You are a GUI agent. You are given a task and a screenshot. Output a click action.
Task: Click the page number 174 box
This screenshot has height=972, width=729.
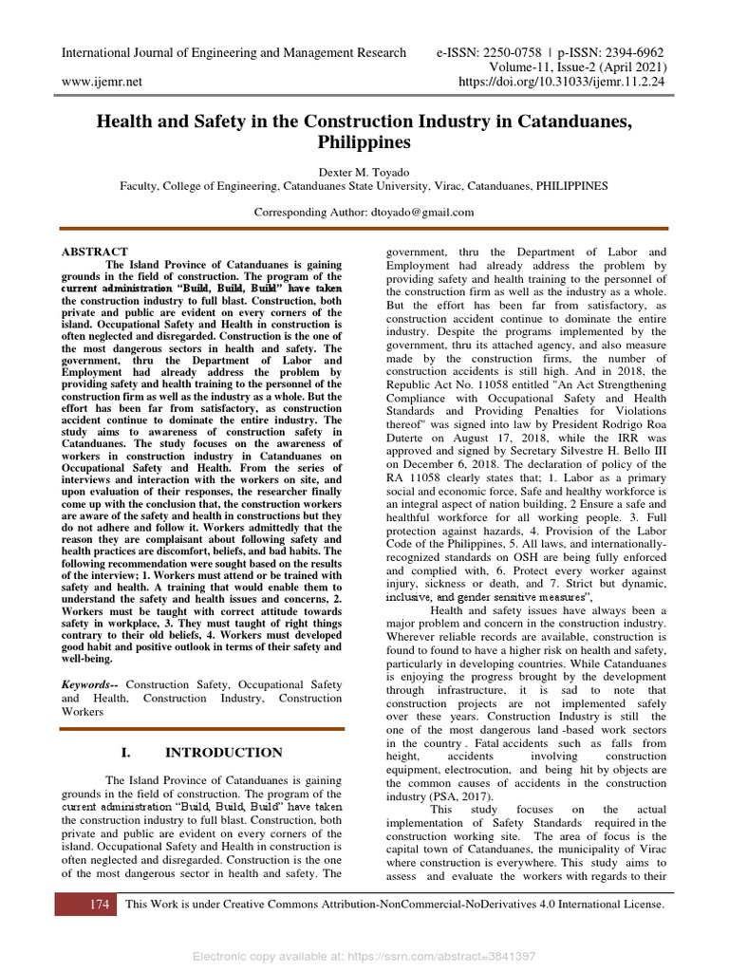100,905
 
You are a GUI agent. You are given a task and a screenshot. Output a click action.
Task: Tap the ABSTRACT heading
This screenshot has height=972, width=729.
95,252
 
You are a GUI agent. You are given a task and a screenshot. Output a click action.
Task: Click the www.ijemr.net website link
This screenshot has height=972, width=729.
102,82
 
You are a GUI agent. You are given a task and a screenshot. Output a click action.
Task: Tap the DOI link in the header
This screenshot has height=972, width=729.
562,83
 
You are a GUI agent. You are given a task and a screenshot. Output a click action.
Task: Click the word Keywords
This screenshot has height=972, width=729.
91,684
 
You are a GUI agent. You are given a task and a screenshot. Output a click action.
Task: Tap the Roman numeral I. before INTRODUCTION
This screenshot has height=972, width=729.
126,753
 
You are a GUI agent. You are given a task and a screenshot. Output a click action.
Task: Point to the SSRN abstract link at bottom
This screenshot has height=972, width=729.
364,956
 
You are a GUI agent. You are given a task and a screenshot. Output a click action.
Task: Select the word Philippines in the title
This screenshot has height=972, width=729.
364,142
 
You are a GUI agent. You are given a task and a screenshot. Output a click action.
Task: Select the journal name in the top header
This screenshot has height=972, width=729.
234,52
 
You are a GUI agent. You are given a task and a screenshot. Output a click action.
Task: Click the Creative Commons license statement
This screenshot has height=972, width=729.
395,905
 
